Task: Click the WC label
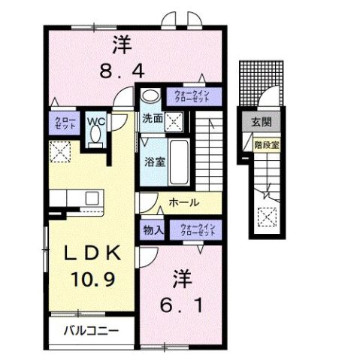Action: click(95, 120)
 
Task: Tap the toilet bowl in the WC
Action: click(95, 136)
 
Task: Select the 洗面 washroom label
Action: click(153, 118)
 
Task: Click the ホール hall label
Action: click(184, 202)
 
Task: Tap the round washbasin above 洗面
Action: click(150, 96)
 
